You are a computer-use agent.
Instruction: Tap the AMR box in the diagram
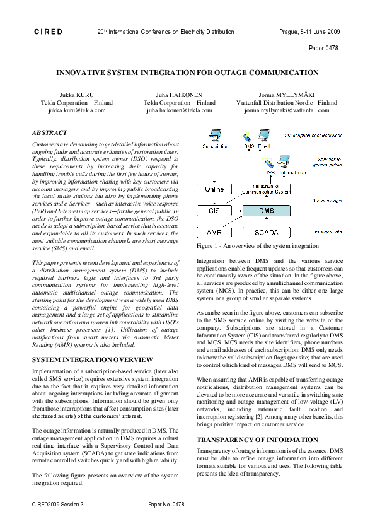pos(214,233)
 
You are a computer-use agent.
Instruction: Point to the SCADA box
pos(267,233)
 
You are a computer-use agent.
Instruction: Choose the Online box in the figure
pos(214,189)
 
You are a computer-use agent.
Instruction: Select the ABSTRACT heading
pos(49,133)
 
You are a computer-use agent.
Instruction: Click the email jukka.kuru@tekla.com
pos(77,110)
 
